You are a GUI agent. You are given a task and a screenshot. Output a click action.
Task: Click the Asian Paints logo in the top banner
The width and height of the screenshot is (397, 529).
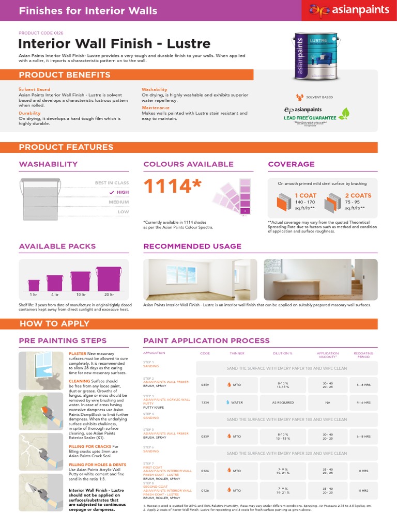(347, 10)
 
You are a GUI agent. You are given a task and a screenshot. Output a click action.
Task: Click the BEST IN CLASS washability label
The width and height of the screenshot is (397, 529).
(112, 183)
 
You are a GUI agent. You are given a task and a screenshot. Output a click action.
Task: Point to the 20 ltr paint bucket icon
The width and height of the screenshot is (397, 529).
(109, 279)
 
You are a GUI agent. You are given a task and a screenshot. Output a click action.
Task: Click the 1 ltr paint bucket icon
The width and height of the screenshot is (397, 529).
(34, 285)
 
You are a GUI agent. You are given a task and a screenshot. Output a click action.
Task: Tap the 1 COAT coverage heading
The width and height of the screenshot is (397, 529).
(305, 196)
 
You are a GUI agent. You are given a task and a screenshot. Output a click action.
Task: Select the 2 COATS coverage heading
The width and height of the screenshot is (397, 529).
(358, 196)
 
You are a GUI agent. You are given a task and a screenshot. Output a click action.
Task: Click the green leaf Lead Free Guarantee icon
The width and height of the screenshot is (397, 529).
(343, 113)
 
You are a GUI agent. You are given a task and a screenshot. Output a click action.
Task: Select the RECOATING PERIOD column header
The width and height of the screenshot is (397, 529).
(364, 355)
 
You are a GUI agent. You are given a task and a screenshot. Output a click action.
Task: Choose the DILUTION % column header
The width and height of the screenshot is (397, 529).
(283, 353)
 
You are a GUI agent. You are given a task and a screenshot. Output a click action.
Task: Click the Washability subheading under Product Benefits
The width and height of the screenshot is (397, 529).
(154, 89)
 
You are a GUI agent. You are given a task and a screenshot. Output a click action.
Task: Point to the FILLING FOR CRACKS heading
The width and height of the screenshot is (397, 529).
(90, 446)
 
